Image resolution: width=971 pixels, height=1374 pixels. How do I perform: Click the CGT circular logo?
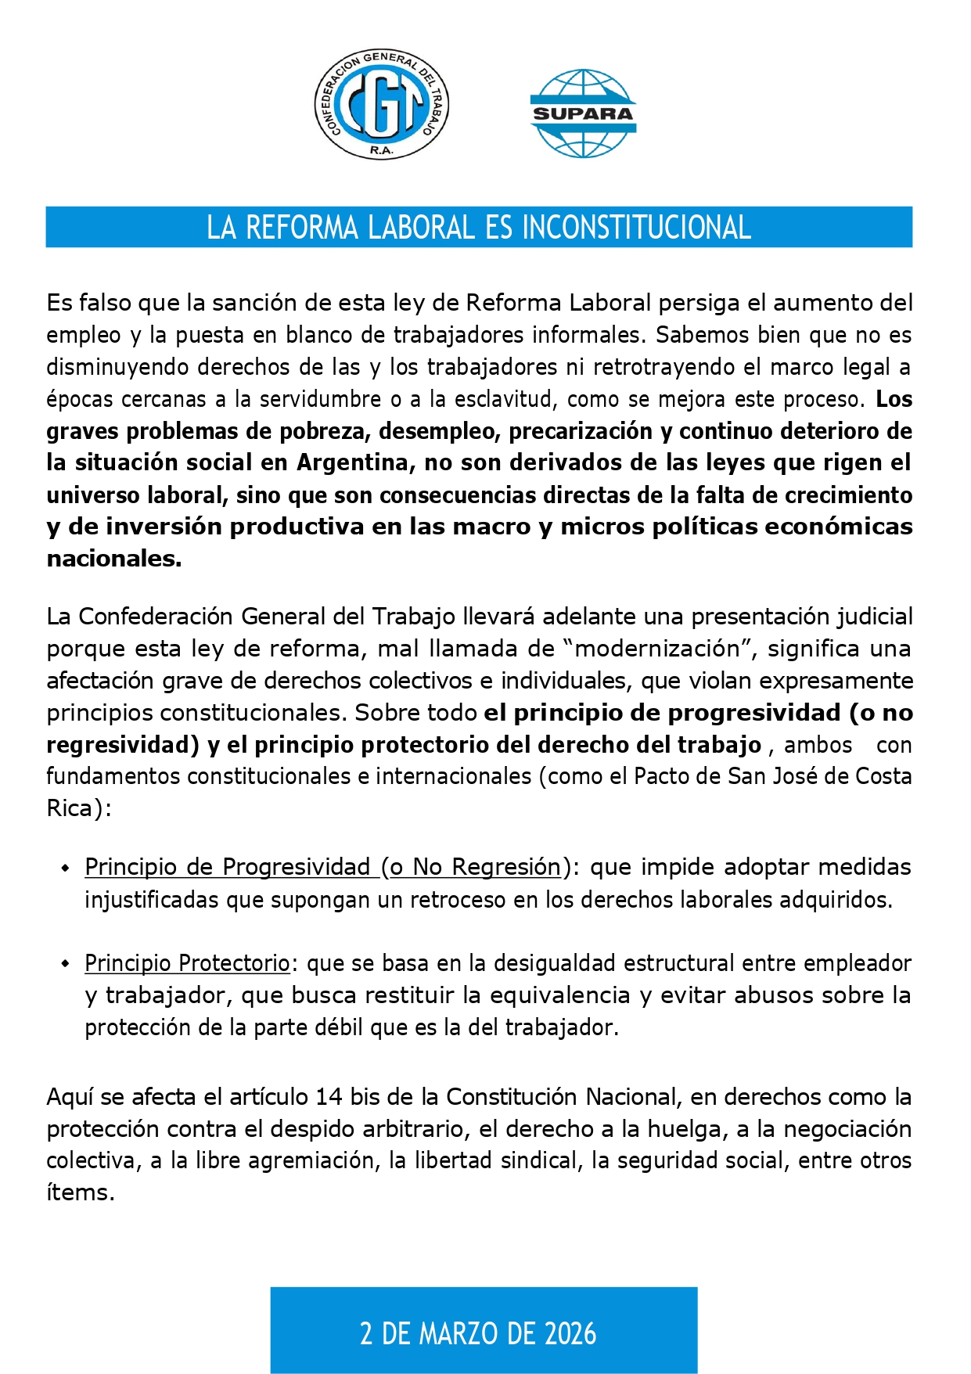click(382, 105)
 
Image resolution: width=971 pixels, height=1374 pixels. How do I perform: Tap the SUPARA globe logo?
click(583, 113)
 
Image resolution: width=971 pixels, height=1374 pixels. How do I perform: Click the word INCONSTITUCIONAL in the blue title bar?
click(636, 228)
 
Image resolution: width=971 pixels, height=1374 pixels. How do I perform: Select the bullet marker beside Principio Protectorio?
click(66, 964)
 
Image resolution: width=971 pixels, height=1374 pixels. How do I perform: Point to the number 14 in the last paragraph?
click(329, 1097)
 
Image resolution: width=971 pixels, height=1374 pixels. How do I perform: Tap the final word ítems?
click(80, 1192)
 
